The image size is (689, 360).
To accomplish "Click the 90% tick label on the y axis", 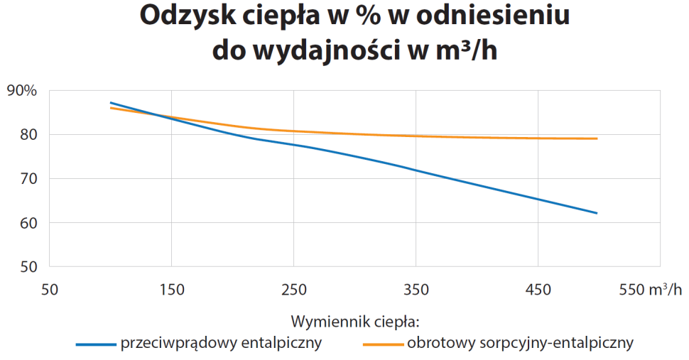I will point(21,90).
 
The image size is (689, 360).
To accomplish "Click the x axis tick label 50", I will point(49,289).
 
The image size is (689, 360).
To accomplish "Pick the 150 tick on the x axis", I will point(172,289).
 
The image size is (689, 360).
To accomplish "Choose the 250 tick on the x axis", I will point(294,289).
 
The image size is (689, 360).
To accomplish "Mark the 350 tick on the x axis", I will point(416,289).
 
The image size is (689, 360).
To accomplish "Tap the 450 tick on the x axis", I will point(538,289).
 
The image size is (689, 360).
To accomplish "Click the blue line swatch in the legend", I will point(96,344).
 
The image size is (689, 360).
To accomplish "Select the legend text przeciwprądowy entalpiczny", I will point(222,344).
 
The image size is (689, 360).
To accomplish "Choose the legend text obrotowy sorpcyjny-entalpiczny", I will point(521,344).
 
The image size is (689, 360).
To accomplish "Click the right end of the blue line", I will point(597,213).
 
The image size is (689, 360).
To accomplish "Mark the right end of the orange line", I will point(597,138).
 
